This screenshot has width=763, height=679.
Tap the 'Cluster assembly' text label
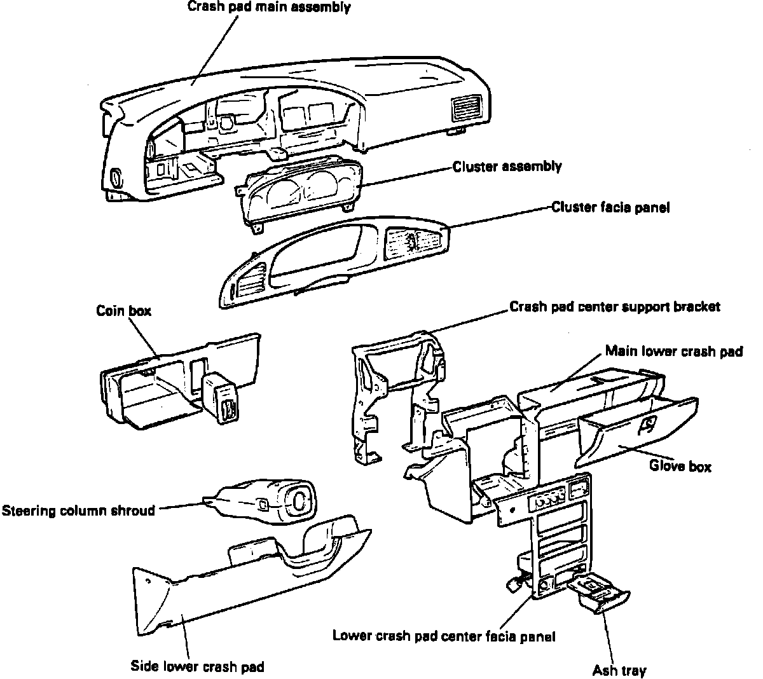click(x=507, y=167)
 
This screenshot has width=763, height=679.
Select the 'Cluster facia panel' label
click(x=610, y=207)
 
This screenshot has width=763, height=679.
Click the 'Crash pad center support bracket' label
click(x=615, y=306)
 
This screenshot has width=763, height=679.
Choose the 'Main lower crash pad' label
click(x=673, y=351)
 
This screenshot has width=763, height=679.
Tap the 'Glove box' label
click(x=680, y=466)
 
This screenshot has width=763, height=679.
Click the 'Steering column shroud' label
click(x=78, y=511)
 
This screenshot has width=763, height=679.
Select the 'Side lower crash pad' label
click(x=197, y=667)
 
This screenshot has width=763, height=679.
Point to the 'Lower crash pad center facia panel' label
click(x=444, y=636)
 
